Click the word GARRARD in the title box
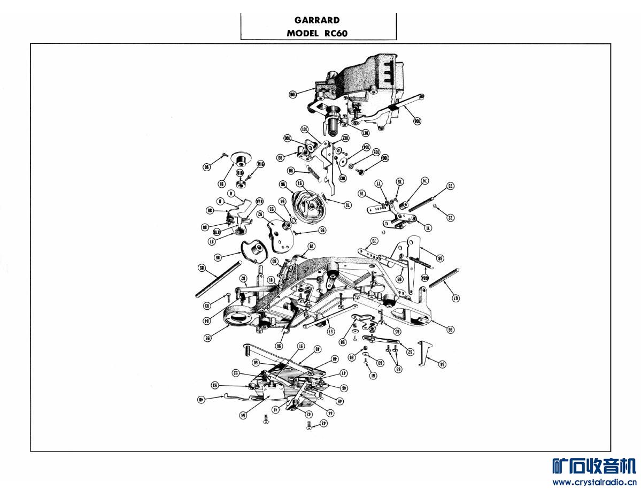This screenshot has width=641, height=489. tap(317, 20)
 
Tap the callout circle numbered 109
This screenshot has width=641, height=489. tap(293, 94)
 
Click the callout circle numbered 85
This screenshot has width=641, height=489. tap(202, 268)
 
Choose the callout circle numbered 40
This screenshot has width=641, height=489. tap(201, 399)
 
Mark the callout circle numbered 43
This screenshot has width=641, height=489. tap(323, 424)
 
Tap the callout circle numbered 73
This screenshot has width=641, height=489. tap(450, 186)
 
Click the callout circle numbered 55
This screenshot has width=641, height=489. tap(207, 338)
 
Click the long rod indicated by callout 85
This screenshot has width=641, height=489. tap(219, 278)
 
